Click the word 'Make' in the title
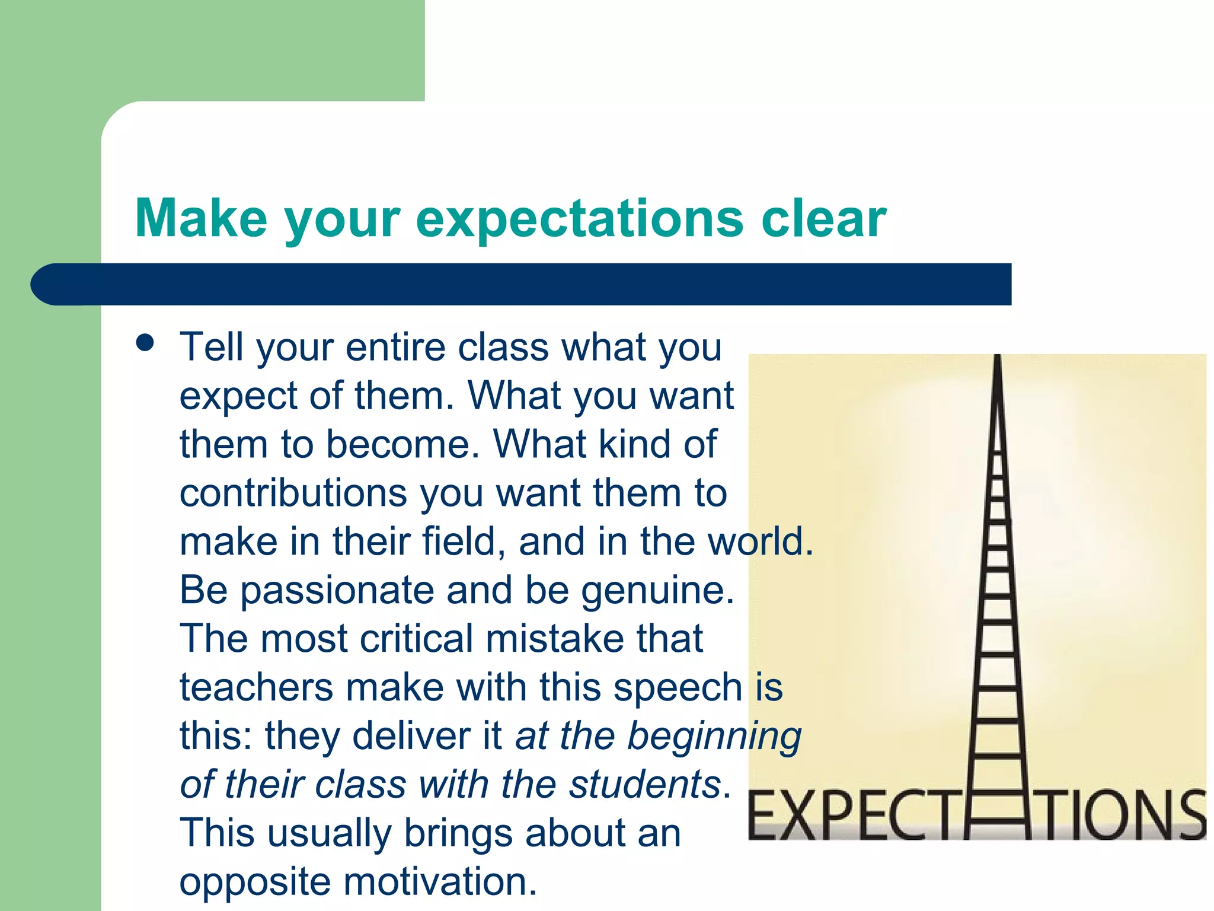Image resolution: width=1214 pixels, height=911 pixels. click(x=201, y=218)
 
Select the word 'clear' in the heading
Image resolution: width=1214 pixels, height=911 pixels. click(x=823, y=218)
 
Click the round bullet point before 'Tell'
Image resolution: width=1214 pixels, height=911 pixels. click(x=145, y=343)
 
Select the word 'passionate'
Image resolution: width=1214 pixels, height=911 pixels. click(x=337, y=591)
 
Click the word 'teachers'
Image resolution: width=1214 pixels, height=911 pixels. click(x=257, y=687)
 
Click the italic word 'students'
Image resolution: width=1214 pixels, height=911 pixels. click(x=644, y=784)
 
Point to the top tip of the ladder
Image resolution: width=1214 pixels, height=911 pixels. click(x=998, y=358)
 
